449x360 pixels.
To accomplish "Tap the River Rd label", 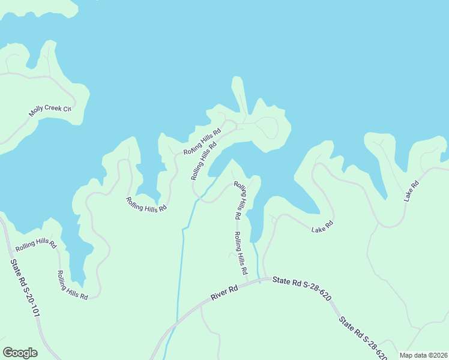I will pyautogui.click(x=224, y=293).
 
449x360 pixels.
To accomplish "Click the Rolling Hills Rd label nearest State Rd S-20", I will pyautogui.click(x=35, y=245).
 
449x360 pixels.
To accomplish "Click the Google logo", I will pyautogui.click(x=20, y=353).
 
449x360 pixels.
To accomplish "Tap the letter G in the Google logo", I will pyautogui.click(x=7, y=353).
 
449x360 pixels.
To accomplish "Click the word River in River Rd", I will pyautogui.click(x=219, y=295).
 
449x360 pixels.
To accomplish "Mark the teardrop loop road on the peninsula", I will pyautogui.click(x=268, y=127).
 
